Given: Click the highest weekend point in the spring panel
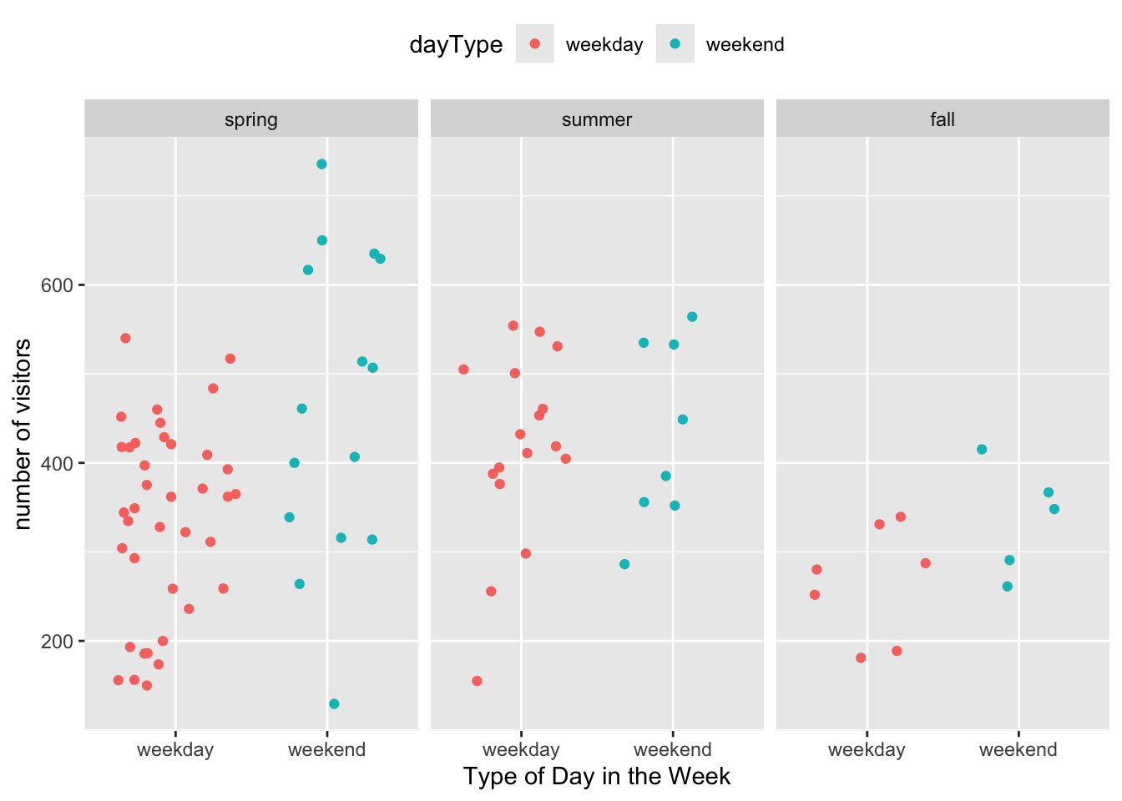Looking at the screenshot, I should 321,164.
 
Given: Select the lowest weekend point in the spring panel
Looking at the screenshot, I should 334,704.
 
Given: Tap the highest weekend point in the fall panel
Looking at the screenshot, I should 982,450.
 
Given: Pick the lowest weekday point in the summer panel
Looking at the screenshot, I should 477,681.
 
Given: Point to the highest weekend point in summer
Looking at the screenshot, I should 692,317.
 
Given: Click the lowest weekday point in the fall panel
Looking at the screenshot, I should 861,658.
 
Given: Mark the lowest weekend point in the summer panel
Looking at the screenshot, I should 624,565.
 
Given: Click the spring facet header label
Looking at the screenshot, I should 251,119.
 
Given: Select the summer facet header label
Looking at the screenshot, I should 597,119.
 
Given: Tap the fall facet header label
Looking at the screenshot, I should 943,119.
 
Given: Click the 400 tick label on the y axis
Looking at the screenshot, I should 58,463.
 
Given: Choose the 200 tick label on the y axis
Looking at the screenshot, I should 58,642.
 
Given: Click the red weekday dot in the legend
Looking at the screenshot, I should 535,43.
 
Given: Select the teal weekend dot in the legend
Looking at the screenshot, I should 675,43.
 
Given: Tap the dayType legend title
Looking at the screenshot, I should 456,44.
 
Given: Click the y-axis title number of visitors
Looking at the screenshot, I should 23,434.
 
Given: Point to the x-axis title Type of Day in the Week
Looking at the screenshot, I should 597,777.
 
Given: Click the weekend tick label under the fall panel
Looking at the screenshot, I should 1018,749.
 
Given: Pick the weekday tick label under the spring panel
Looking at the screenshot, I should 175,749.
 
